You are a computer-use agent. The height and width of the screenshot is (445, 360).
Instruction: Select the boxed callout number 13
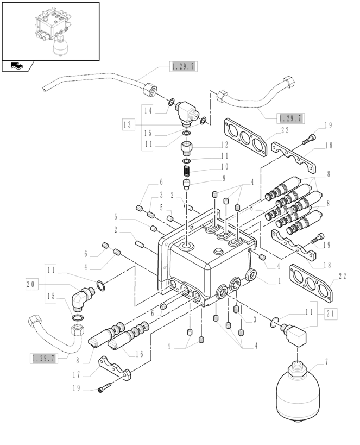[128, 125]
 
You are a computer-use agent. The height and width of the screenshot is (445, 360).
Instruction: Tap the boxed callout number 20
[32, 283]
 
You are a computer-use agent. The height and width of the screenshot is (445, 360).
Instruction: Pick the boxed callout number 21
[332, 314]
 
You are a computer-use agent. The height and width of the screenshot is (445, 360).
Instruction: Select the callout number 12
[224, 145]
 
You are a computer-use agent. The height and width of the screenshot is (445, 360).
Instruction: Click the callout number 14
[147, 110]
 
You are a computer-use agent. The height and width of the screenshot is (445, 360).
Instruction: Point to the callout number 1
[279, 281]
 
